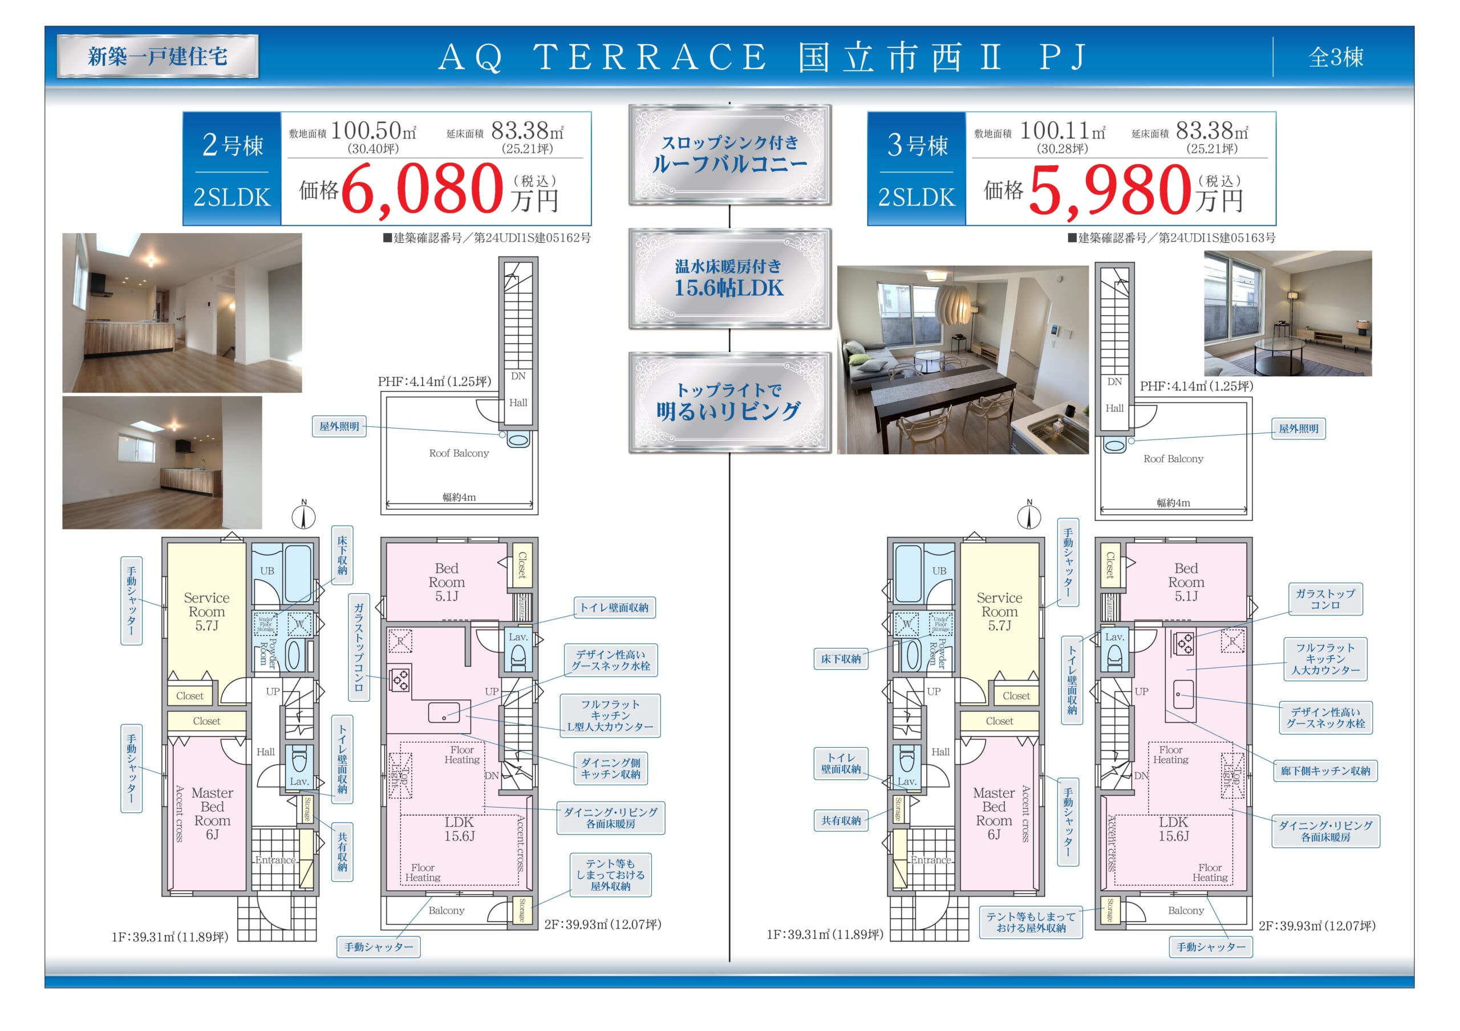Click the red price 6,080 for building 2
click(423, 189)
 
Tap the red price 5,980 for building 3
click(1109, 189)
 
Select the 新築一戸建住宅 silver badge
click(158, 56)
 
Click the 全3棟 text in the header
click(1336, 57)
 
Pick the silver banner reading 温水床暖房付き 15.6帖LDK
click(729, 278)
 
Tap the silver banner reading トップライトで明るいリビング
click(729, 402)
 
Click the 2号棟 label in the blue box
click(232, 145)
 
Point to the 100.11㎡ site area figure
click(1062, 131)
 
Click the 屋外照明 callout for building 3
click(1299, 429)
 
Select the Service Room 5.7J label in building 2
click(206, 612)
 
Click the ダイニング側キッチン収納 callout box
click(610, 768)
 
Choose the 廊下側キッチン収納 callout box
click(1325, 771)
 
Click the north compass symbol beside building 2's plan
click(303, 516)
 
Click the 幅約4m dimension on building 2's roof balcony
click(459, 497)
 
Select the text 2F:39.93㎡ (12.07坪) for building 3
click(1317, 926)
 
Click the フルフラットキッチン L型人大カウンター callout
click(610, 715)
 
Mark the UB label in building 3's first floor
click(939, 571)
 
